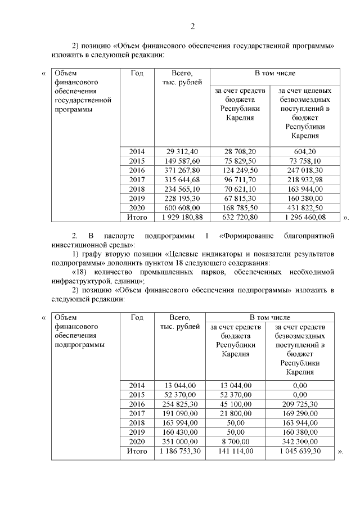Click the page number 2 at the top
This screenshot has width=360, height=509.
(x=192, y=26)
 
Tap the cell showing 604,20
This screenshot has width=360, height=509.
(x=305, y=152)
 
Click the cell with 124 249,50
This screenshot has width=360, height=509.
(x=241, y=170)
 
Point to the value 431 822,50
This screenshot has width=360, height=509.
(x=305, y=207)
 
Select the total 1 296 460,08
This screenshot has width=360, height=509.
(x=305, y=217)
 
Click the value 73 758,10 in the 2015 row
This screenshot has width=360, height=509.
(x=305, y=161)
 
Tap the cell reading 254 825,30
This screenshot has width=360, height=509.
(x=180, y=404)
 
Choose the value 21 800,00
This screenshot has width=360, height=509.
(x=236, y=413)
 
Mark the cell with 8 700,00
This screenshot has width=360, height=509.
(x=236, y=442)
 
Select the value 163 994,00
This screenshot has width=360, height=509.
(x=180, y=423)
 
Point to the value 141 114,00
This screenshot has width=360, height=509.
(x=236, y=451)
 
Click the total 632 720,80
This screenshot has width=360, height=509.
(x=241, y=217)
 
